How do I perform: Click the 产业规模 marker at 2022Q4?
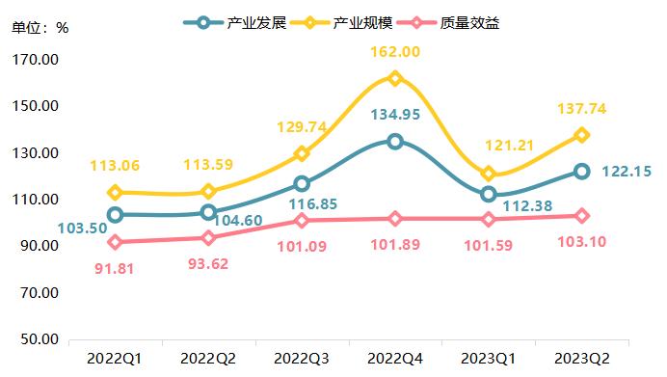pos(395,78)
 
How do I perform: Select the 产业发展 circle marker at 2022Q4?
pos(395,141)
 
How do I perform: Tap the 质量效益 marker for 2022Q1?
pos(115,242)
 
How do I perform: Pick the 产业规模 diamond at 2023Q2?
pos(581,135)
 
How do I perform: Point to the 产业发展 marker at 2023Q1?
pos(489,194)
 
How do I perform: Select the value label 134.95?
pos(395,116)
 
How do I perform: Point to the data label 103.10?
pos(581,241)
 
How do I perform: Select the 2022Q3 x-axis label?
pos(302,359)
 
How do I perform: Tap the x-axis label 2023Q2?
pos(581,359)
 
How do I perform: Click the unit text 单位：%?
pos(40,26)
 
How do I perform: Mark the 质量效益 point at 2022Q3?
pos(302,221)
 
